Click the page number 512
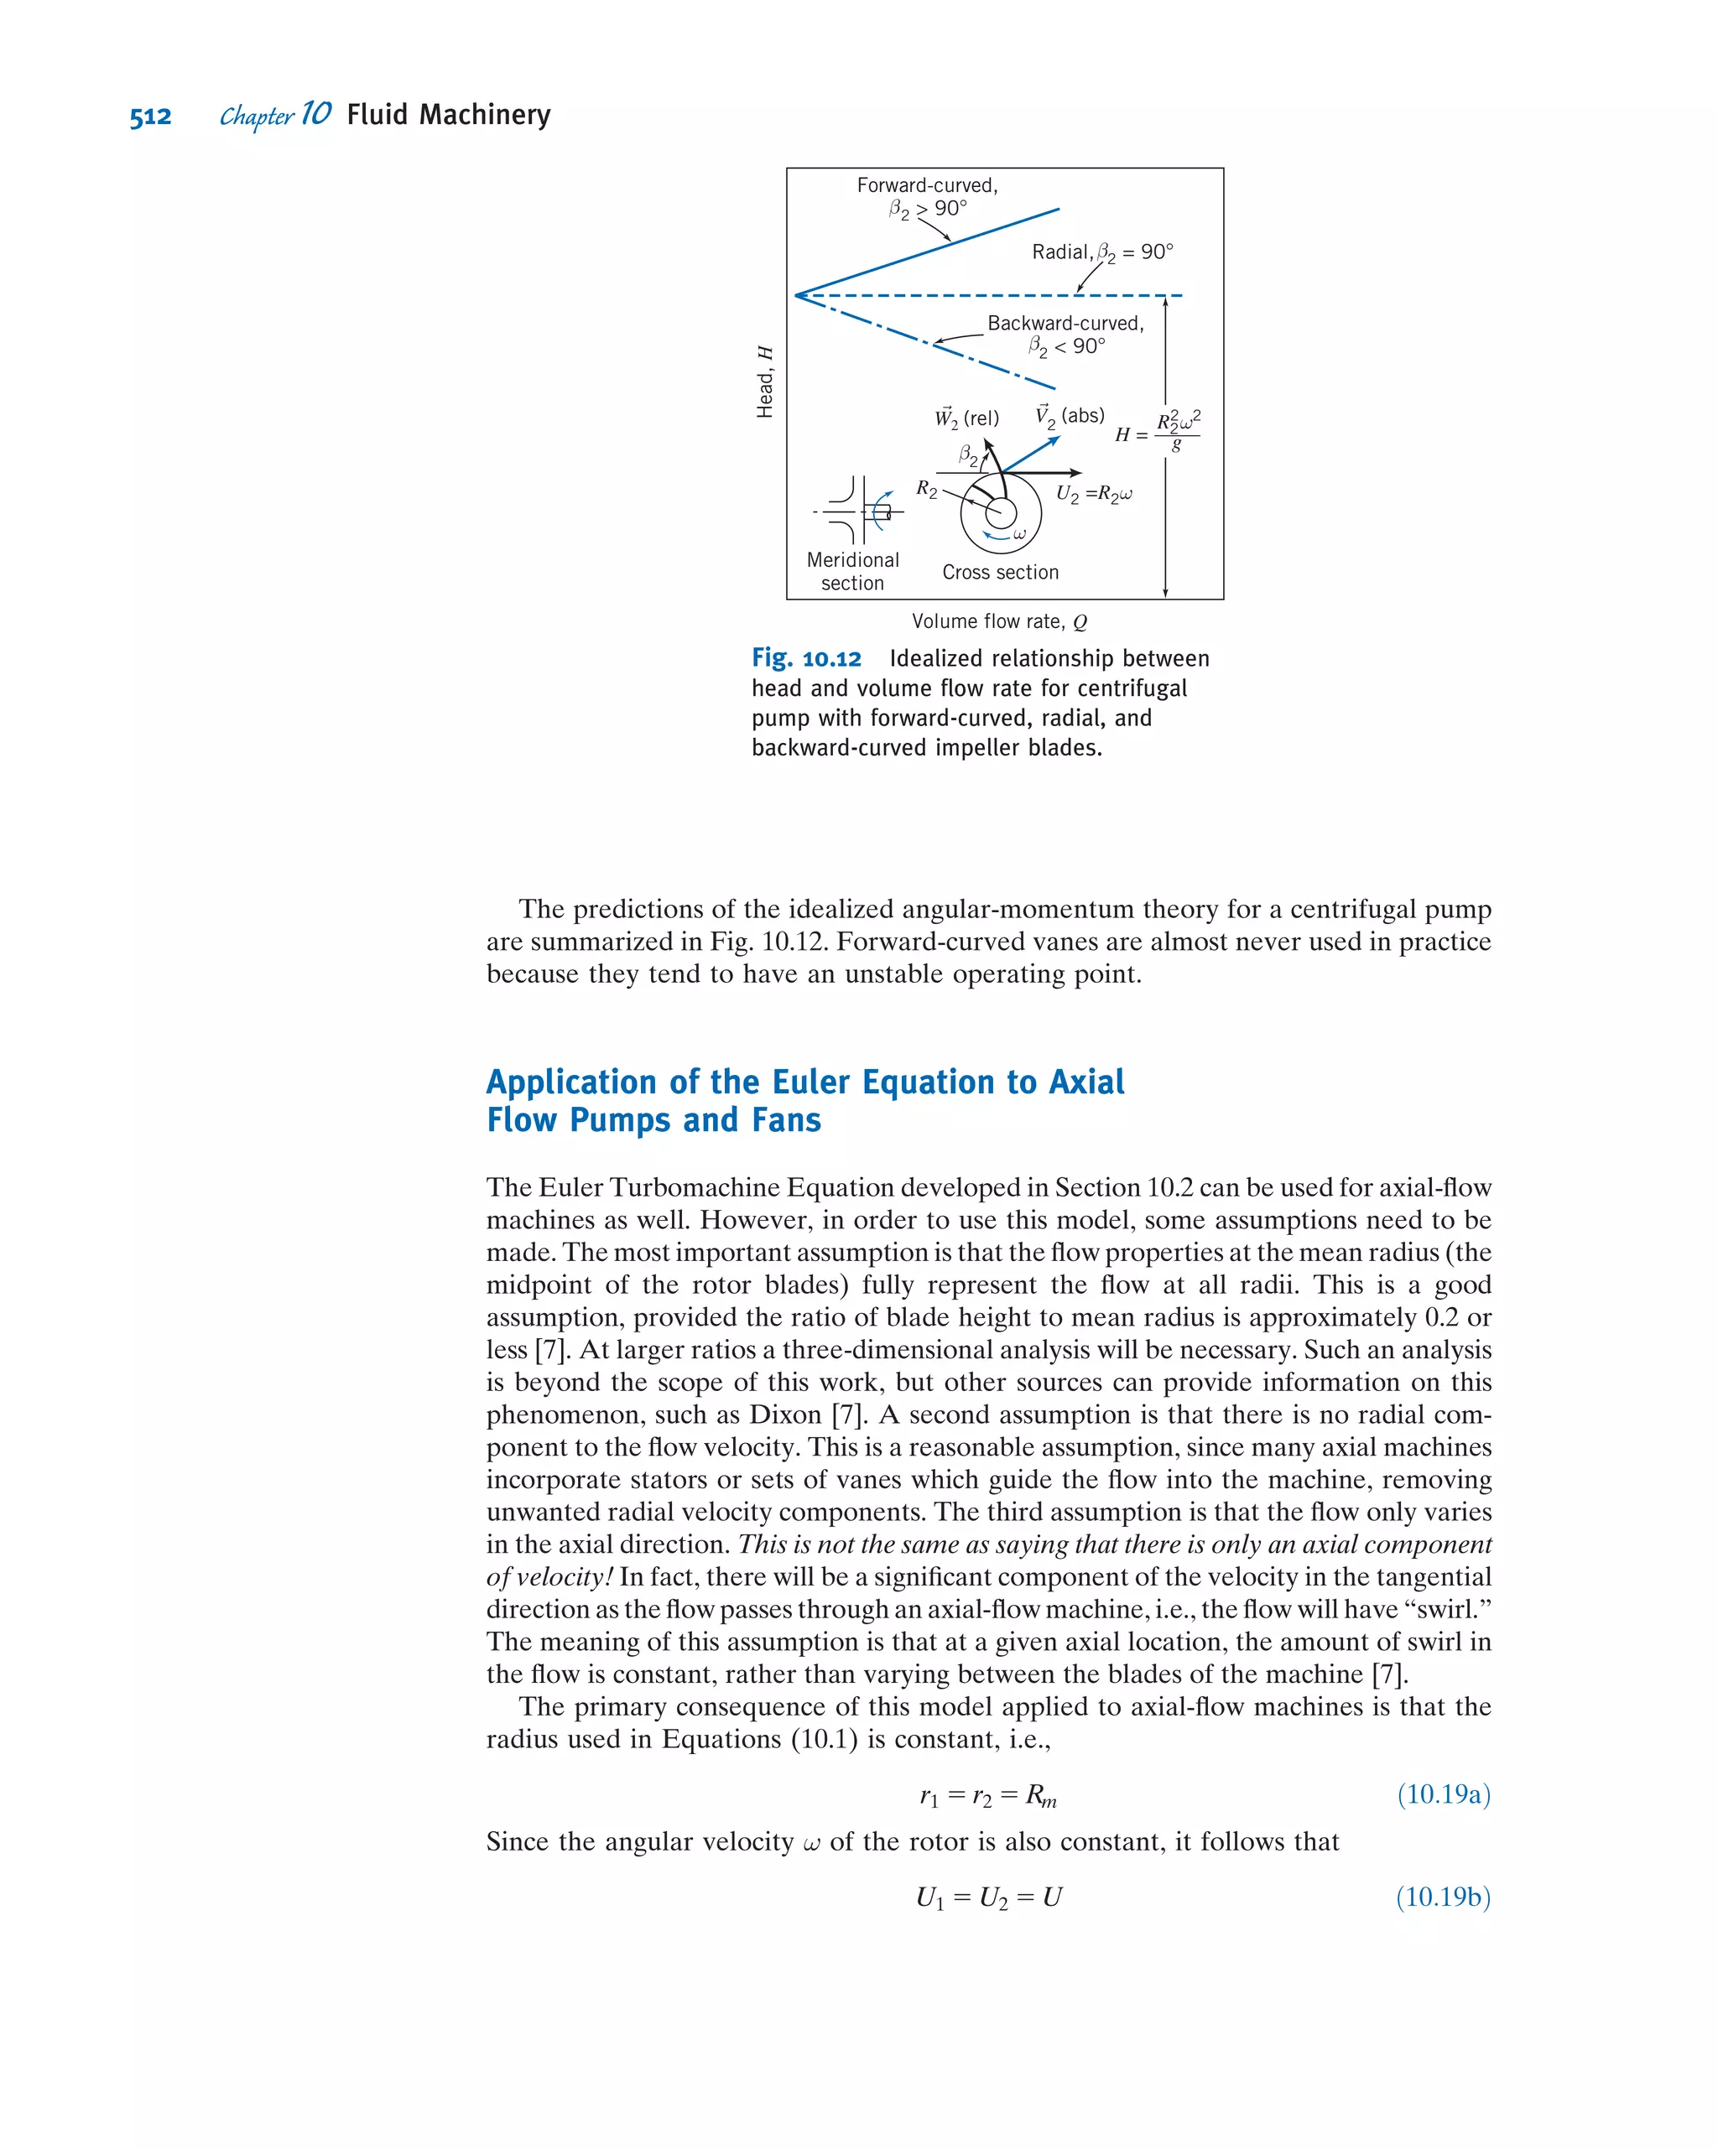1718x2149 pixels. (x=150, y=117)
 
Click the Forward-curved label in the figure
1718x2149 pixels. (x=926, y=185)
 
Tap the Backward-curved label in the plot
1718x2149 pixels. (x=1065, y=323)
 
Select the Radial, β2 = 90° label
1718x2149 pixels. (x=1101, y=252)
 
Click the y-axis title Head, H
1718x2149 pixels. (x=765, y=382)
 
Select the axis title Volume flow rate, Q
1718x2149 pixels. (x=999, y=622)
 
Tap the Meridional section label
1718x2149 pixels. (x=852, y=571)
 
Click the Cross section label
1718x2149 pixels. (x=1000, y=572)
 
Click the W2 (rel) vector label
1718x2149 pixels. (x=966, y=418)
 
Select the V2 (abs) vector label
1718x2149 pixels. (x=1069, y=416)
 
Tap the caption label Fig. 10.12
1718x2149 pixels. (x=805, y=659)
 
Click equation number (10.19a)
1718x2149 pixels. (x=1443, y=1794)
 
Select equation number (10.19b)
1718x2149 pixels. (x=1443, y=1897)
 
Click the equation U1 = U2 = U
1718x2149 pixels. (x=989, y=1897)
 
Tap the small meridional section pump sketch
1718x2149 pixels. (x=857, y=511)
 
